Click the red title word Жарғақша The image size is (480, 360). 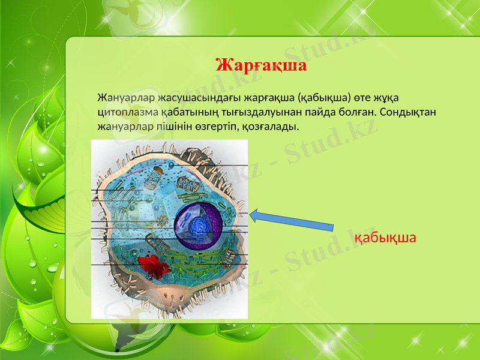(260, 65)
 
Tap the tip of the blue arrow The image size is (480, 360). (251, 214)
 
